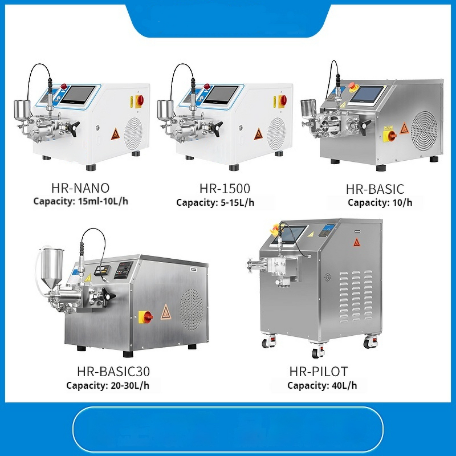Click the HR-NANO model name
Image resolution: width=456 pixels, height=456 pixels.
pyautogui.click(x=80, y=188)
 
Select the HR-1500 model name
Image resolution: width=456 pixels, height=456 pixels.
pyautogui.click(x=225, y=189)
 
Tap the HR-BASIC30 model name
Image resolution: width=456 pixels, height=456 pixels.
pyautogui.click(x=113, y=372)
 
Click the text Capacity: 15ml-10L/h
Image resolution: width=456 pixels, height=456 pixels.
pyautogui.click(x=80, y=201)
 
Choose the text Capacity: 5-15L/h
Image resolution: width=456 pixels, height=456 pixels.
pyautogui.click(x=222, y=202)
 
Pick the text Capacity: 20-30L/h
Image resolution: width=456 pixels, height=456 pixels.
pyautogui.click(x=108, y=386)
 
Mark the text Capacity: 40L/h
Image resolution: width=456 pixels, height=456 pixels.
pyautogui.click(x=322, y=386)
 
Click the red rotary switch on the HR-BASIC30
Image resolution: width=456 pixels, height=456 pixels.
pyautogui.click(x=147, y=316)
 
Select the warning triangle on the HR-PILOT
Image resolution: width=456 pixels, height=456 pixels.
pyautogui.click(x=357, y=242)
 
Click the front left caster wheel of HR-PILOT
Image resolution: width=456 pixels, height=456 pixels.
pyautogui.click(x=266, y=343)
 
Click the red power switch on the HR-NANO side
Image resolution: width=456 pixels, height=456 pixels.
pyautogui.click(x=139, y=101)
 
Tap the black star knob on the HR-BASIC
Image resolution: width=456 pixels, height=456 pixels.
pyautogui.click(x=365, y=125)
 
